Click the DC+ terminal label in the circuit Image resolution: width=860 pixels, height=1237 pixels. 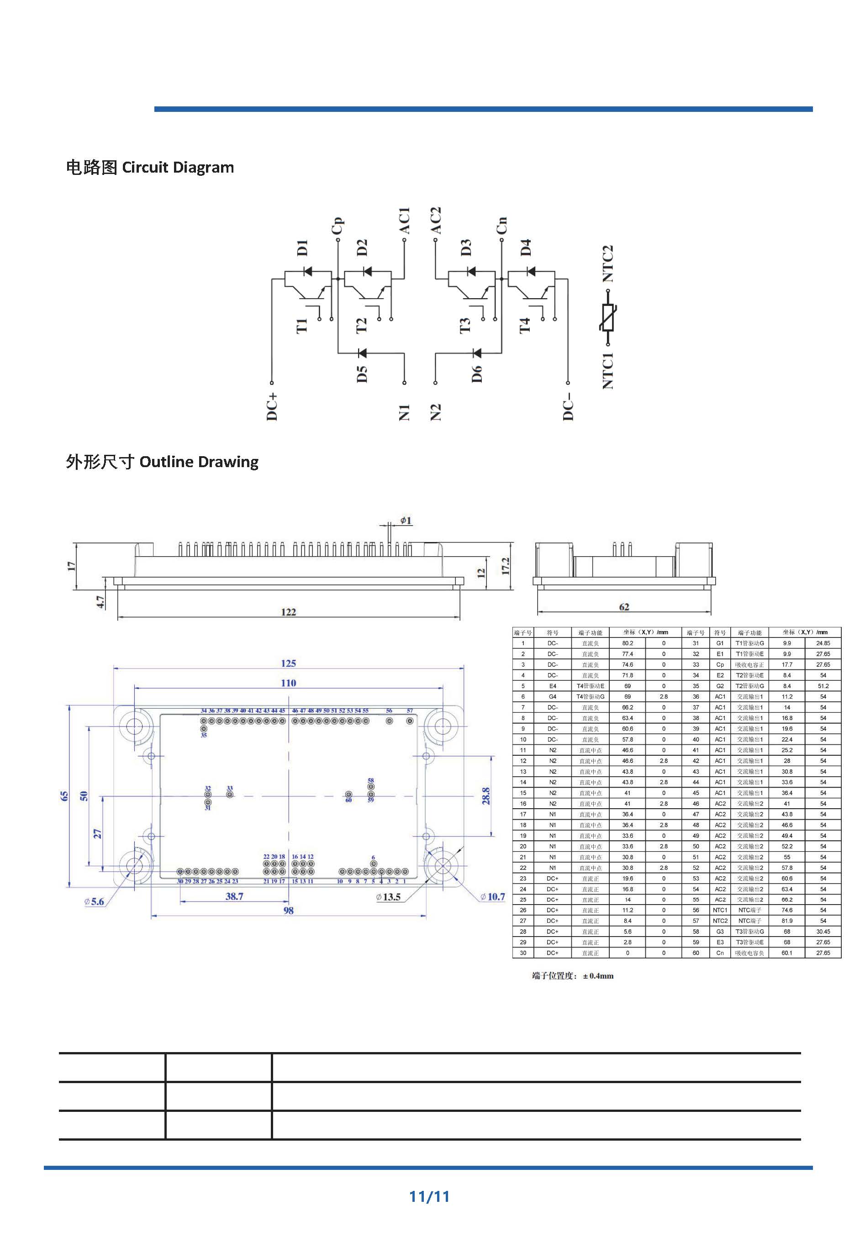pos(272,406)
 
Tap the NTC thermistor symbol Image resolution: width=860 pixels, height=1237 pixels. pos(608,317)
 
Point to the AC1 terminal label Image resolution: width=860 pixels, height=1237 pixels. pos(405,221)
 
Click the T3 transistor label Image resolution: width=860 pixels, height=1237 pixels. pos(465,324)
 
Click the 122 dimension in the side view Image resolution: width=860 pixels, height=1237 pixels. pos(288,611)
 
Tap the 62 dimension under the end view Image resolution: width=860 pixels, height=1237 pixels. pos(624,607)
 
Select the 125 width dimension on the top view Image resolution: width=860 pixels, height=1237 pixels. pos(288,663)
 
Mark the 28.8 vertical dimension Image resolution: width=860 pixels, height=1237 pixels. pos(486,796)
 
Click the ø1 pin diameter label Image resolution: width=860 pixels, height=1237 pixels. pos(405,520)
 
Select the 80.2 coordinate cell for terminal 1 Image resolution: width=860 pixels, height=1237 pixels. pos(627,643)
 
